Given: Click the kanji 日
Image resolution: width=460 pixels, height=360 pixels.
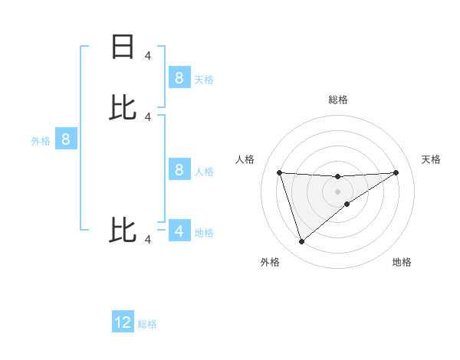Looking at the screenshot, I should coord(123,47).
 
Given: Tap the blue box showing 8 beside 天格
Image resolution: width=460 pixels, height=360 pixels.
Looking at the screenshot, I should coord(179,77).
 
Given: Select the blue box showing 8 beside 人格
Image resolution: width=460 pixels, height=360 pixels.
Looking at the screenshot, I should coord(179,169).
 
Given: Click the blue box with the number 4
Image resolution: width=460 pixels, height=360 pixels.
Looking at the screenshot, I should coord(179,231).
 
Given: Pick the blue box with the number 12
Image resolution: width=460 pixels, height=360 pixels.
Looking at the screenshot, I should coord(123,322).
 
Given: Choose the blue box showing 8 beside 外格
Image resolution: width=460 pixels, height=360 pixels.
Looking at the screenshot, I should coord(66,139).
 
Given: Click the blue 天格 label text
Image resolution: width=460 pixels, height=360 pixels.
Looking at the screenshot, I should coord(204,79).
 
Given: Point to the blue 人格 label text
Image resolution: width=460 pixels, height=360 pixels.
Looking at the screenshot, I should coord(204,172).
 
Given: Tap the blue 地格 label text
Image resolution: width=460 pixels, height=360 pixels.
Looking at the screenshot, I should coord(204,233).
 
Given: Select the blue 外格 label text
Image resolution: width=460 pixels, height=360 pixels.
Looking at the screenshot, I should coord(41,141).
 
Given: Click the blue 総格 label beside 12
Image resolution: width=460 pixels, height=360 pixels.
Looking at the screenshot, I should coord(147,325).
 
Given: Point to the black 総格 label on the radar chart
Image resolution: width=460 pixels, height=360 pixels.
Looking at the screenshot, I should coord(338,100).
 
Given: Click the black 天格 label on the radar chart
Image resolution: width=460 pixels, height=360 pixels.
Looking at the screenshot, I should coord(431,159).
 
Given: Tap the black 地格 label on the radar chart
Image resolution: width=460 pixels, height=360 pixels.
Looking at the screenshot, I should coord(402,262).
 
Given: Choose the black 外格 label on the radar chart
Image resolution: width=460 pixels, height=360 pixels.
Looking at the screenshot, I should coord(270,262).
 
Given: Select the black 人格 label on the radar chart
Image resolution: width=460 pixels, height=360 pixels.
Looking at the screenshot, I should coord(245,159).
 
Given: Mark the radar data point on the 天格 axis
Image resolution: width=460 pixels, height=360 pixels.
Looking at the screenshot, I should coord(396,172).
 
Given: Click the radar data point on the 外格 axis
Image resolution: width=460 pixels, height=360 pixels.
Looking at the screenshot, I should coord(301,242).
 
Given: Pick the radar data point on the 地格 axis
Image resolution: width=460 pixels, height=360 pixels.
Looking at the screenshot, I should coord(347,204).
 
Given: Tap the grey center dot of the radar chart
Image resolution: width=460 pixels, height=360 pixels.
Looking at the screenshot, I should coord(337,191).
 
